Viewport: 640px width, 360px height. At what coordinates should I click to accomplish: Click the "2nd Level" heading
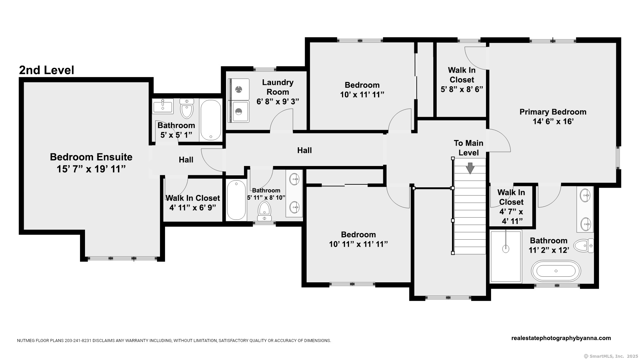tap(47, 70)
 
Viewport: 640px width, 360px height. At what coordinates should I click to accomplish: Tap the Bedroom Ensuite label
tap(91, 163)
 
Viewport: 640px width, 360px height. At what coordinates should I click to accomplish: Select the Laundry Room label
tap(278, 92)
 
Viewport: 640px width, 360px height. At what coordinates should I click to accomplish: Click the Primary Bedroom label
tap(553, 117)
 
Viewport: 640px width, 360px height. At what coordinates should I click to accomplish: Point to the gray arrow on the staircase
tap(470, 168)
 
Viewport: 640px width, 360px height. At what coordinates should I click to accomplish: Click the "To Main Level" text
tap(468, 148)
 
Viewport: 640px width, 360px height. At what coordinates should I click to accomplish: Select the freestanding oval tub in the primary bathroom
tap(556, 271)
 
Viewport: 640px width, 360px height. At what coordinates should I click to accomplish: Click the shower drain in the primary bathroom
tap(506, 248)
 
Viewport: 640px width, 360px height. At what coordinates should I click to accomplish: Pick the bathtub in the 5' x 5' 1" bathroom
tap(211, 120)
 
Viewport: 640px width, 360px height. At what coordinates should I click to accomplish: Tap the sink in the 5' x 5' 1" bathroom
tap(163, 106)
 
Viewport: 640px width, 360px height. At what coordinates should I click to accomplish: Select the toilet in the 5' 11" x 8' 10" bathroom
tap(265, 211)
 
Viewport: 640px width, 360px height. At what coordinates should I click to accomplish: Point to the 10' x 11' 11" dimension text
tap(362, 95)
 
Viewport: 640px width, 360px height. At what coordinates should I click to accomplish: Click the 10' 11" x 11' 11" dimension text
tap(358, 244)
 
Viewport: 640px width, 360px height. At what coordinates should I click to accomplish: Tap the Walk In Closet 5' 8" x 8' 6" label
tap(462, 80)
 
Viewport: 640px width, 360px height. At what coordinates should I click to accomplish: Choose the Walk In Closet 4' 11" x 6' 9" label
tap(193, 203)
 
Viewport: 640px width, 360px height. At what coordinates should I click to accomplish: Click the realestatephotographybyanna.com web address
tap(561, 338)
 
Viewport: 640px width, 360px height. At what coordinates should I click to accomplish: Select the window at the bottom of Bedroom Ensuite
tap(122, 258)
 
